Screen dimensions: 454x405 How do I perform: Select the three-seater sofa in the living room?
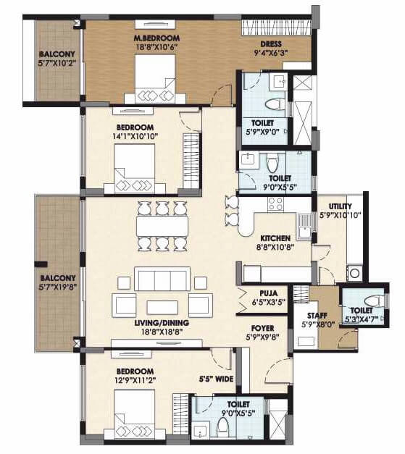pyautogui.click(x=162, y=279)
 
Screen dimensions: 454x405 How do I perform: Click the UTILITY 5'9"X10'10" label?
pyautogui.click(x=340, y=211)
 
